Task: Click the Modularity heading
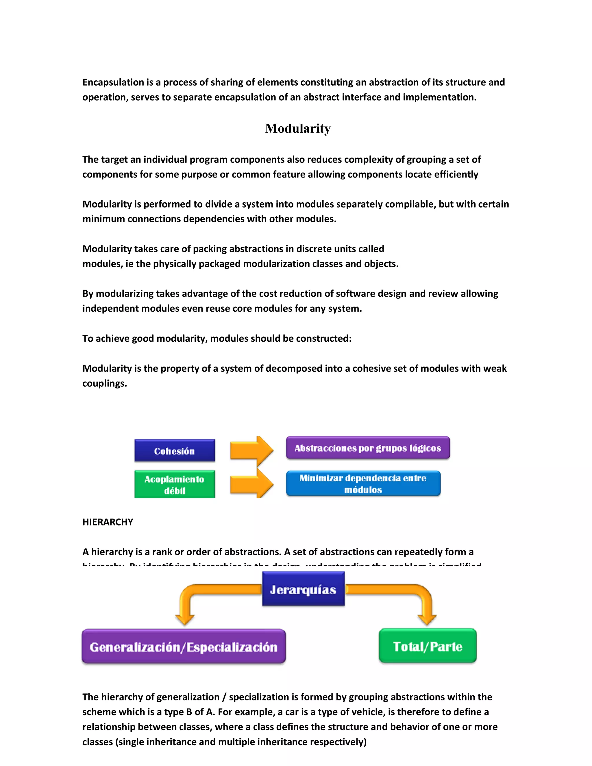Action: [298, 128]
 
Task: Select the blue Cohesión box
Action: [174, 451]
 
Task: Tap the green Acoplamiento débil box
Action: [174, 484]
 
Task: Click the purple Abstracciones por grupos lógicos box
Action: [368, 448]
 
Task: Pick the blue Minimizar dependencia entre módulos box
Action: [363, 484]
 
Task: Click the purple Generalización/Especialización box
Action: [184, 646]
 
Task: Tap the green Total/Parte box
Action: [428, 646]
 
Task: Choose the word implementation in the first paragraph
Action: [439, 97]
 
